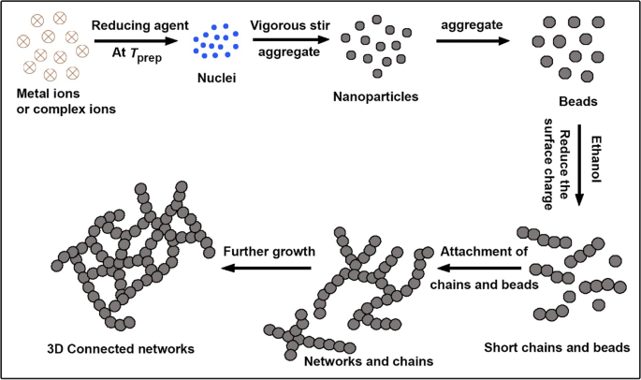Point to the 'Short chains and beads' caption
[x=557, y=347]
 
